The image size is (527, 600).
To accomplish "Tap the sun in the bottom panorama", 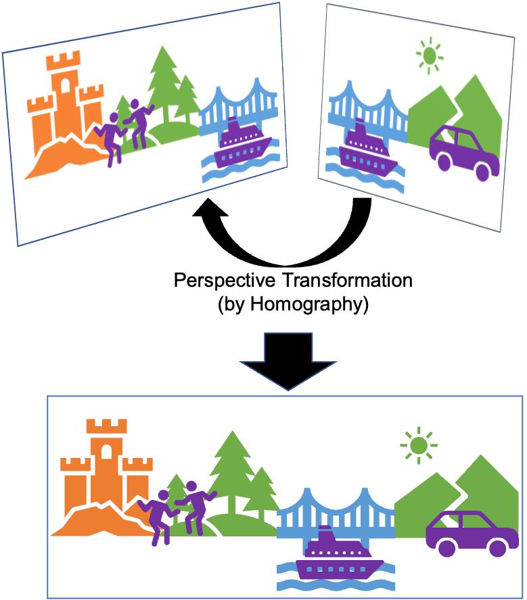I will pyautogui.click(x=418, y=445).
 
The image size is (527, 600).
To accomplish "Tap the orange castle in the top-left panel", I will pyautogui.click(x=64, y=101).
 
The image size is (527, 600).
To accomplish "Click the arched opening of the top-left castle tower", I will pyautogui.click(x=66, y=84).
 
